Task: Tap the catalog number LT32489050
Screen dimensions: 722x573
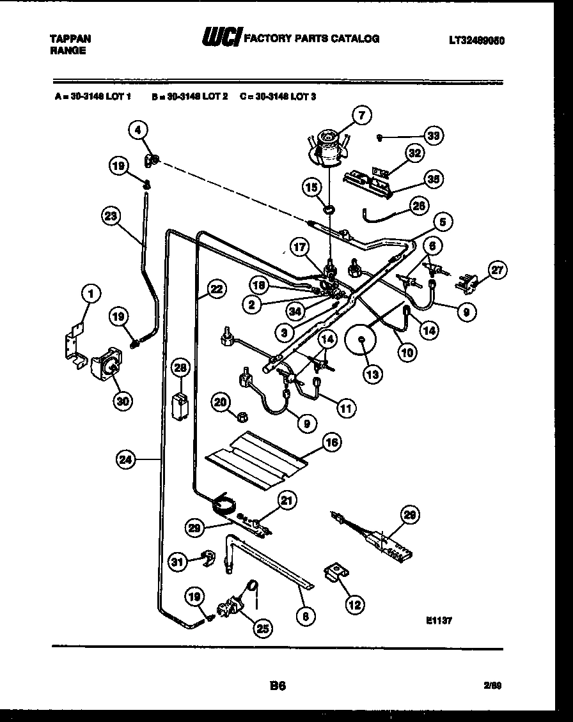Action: coord(476,40)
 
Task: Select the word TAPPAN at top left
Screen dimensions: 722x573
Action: coord(70,38)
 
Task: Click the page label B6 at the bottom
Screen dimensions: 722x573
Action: coord(277,686)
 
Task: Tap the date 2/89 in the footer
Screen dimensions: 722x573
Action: coord(492,686)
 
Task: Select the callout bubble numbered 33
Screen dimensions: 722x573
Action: coord(435,136)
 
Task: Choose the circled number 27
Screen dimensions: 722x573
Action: coord(496,270)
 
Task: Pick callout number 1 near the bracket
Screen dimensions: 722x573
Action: coord(92,294)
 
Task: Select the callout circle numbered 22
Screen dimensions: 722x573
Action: coord(217,289)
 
